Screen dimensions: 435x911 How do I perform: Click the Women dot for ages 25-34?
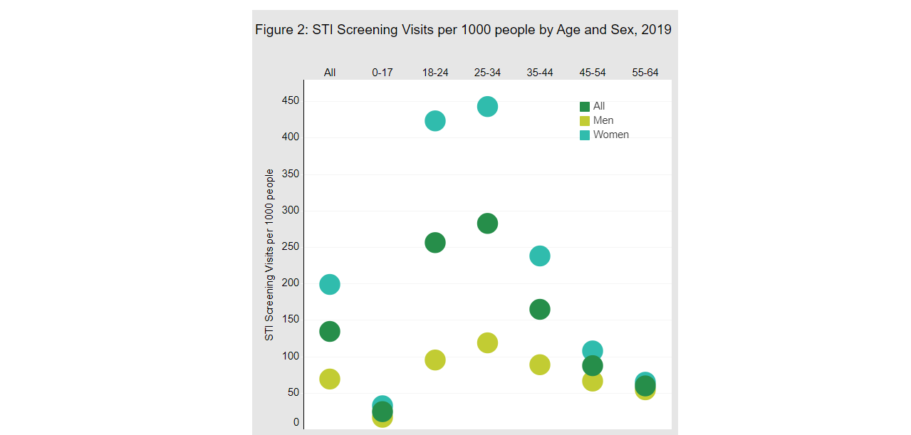point(487,107)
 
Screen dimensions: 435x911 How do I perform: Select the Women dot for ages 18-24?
point(435,121)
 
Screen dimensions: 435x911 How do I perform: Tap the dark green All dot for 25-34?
point(487,224)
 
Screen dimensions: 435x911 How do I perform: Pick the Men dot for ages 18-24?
point(435,360)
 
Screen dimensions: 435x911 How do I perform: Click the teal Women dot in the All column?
point(330,285)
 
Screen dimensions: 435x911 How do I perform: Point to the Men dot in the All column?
point(330,379)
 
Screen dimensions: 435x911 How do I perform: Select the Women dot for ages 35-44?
point(540,256)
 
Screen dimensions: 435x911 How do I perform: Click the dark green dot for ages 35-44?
point(540,310)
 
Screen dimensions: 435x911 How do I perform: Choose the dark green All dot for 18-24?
point(435,243)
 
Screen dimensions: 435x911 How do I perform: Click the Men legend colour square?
point(585,121)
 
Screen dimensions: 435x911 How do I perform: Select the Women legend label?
point(610,135)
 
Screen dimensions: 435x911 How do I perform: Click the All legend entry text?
point(599,106)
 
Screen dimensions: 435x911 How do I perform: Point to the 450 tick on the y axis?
point(291,101)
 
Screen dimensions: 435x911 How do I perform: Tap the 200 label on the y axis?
point(291,283)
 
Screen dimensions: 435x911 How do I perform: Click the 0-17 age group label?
point(382,73)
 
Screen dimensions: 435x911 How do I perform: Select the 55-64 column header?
point(645,73)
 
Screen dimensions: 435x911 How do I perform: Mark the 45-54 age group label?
point(593,73)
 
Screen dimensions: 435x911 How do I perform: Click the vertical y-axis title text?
point(269,255)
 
